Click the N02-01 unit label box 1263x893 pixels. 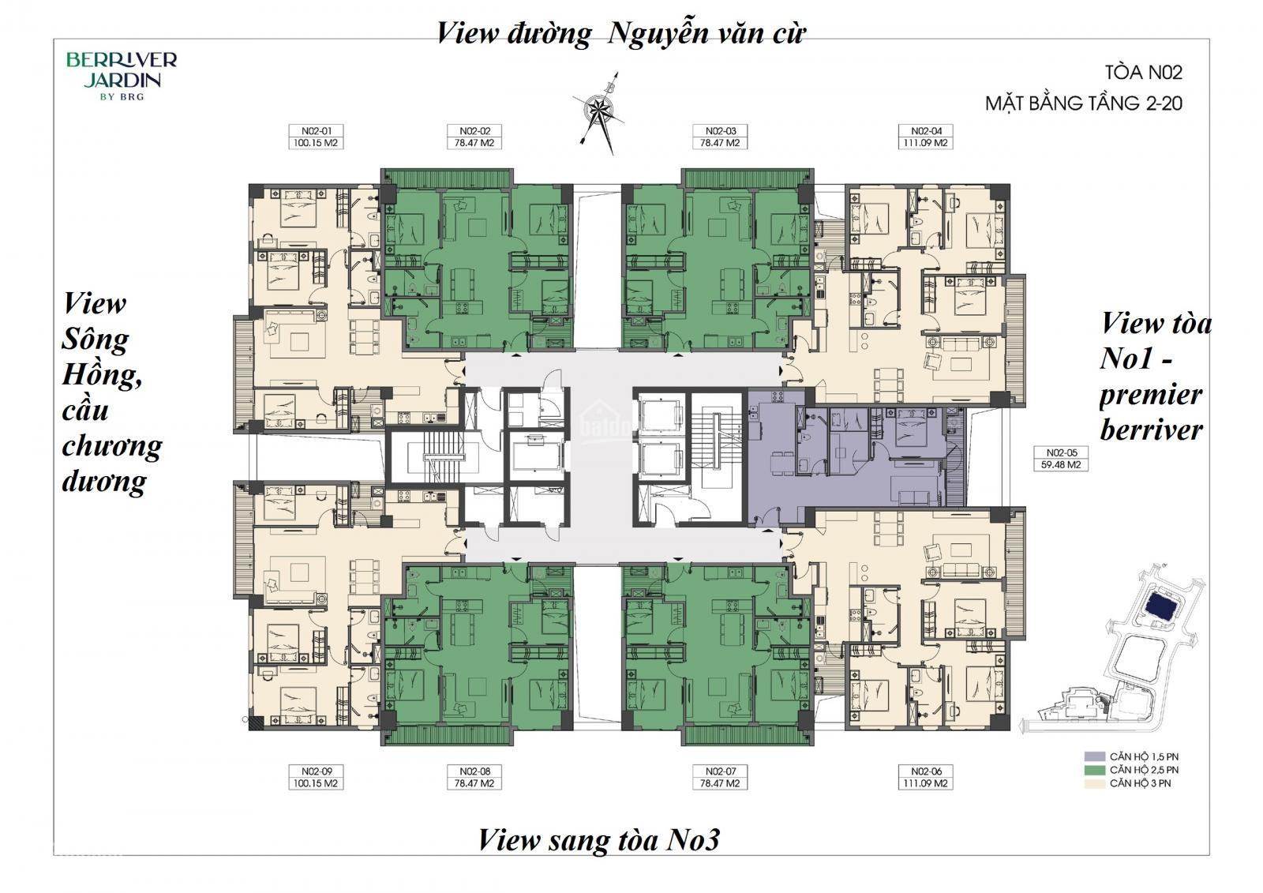pos(316,137)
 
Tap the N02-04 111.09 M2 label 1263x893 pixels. pos(925,137)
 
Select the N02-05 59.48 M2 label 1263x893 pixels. pos(1061,459)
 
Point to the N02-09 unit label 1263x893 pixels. pos(316,778)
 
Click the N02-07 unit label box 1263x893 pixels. pos(720,778)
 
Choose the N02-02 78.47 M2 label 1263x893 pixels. pos(474,137)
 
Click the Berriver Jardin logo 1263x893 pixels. pos(122,76)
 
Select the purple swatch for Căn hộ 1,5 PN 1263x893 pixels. pos(1094,756)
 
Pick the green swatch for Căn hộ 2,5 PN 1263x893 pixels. pos(1094,770)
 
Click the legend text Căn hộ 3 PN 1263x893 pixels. pos(1140,783)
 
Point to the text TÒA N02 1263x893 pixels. pos(1143,73)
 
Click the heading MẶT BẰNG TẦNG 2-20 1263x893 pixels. pos(1083,103)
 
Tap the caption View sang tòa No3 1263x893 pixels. pos(599,840)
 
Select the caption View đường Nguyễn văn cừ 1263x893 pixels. pos(621,32)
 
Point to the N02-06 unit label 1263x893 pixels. pos(925,778)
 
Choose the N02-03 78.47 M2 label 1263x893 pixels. pos(720,137)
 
